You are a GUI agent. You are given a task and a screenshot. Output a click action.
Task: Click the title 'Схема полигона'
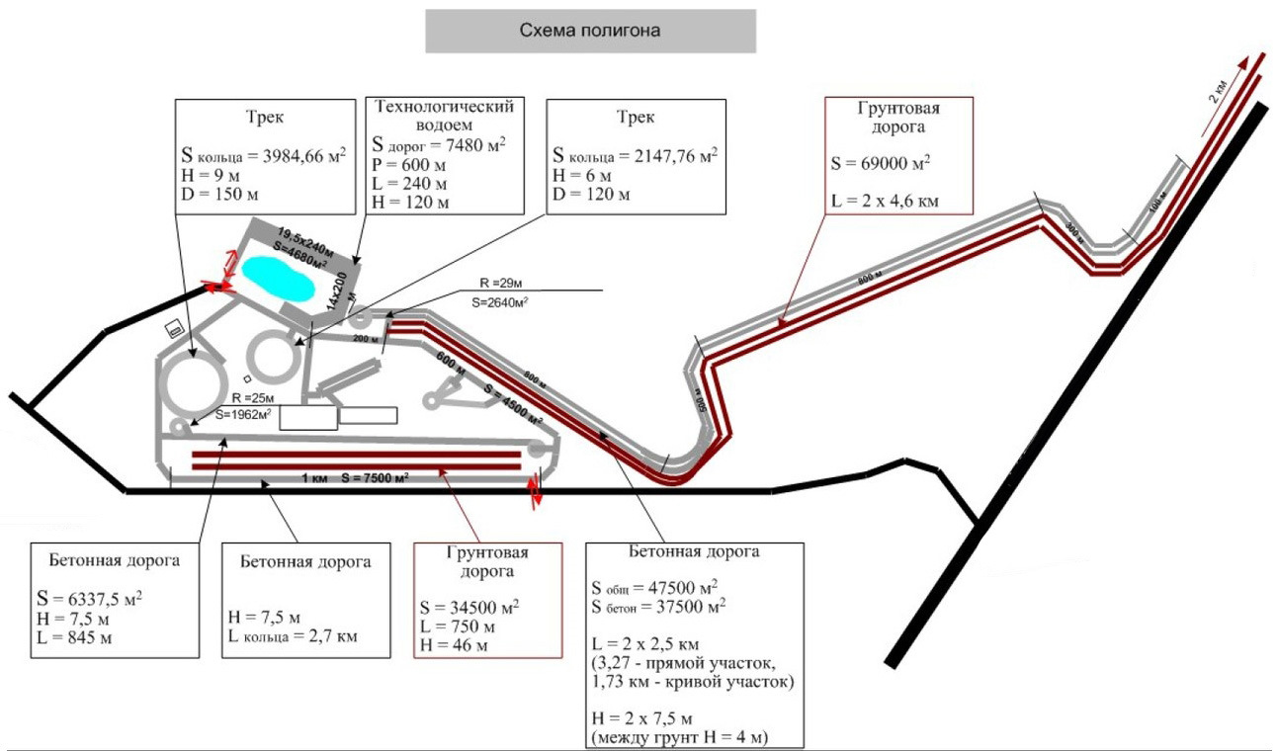tap(590, 31)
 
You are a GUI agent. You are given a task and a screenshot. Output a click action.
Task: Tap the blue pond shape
tap(279, 280)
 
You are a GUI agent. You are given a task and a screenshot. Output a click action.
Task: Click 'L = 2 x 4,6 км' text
tap(884, 202)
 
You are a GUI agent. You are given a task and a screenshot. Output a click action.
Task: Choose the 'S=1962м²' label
tap(241, 415)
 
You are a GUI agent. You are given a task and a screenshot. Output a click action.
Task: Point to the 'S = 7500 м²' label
tap(375, 478)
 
